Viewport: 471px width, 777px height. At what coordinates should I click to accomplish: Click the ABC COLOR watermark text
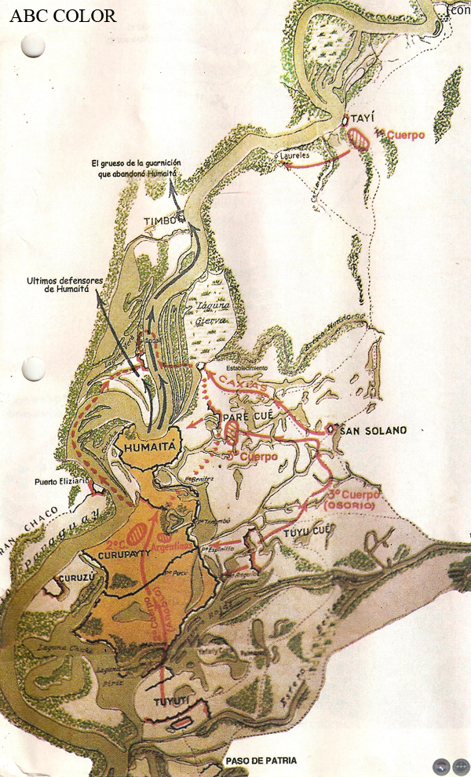pos(63,16)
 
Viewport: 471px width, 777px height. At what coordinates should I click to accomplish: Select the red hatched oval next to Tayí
pos(360,138)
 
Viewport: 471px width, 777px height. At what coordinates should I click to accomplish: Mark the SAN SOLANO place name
pos(371,431)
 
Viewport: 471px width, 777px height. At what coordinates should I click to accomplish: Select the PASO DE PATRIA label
pos(261,761)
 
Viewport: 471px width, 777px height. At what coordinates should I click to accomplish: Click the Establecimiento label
pos(246,367)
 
